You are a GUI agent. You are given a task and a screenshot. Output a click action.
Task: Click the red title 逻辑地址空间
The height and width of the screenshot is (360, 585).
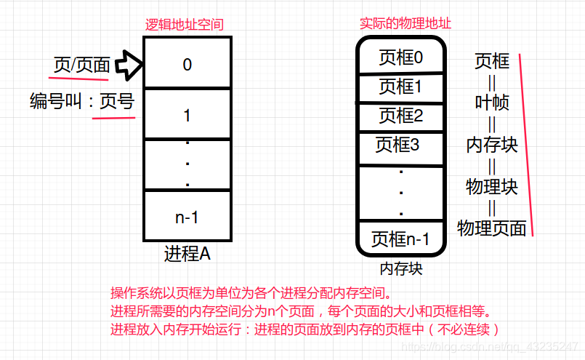[184, 24]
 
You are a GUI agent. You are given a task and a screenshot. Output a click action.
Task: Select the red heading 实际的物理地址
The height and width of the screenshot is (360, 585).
[406, 23]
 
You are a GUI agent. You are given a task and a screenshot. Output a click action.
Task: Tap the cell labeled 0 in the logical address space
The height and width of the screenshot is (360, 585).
[187, 64]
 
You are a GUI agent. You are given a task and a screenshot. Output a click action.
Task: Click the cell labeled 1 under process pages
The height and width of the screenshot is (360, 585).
[187, 115]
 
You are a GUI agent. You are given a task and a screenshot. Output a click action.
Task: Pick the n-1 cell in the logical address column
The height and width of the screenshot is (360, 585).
[187, 216]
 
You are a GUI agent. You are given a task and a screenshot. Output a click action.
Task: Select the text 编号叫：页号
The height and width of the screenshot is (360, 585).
[82, 101]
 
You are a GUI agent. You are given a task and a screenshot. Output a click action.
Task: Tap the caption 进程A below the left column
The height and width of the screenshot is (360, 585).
[187, 254]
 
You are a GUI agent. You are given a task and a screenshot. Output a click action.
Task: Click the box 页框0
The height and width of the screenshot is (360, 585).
[400, 57]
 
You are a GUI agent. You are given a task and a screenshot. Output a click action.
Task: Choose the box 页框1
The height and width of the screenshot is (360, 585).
[400, 87]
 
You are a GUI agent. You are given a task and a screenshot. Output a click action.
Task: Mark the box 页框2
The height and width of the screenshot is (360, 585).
[400, 116]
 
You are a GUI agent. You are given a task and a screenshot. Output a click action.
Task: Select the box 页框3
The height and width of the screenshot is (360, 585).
[398, 145]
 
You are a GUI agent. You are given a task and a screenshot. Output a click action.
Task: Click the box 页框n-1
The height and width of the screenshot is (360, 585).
[400, 239]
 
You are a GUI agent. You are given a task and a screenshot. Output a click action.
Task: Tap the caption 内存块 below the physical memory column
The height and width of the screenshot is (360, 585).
[400, 269]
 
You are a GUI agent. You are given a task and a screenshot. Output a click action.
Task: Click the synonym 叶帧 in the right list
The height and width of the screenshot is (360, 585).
[492, 103]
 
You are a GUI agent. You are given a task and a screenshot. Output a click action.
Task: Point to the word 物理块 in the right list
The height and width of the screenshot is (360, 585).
[492, 186]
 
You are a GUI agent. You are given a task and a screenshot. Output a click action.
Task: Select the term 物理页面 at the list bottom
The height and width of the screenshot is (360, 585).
[492, 228]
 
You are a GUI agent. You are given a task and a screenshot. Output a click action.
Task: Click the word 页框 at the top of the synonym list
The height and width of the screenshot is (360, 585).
[492, 61]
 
